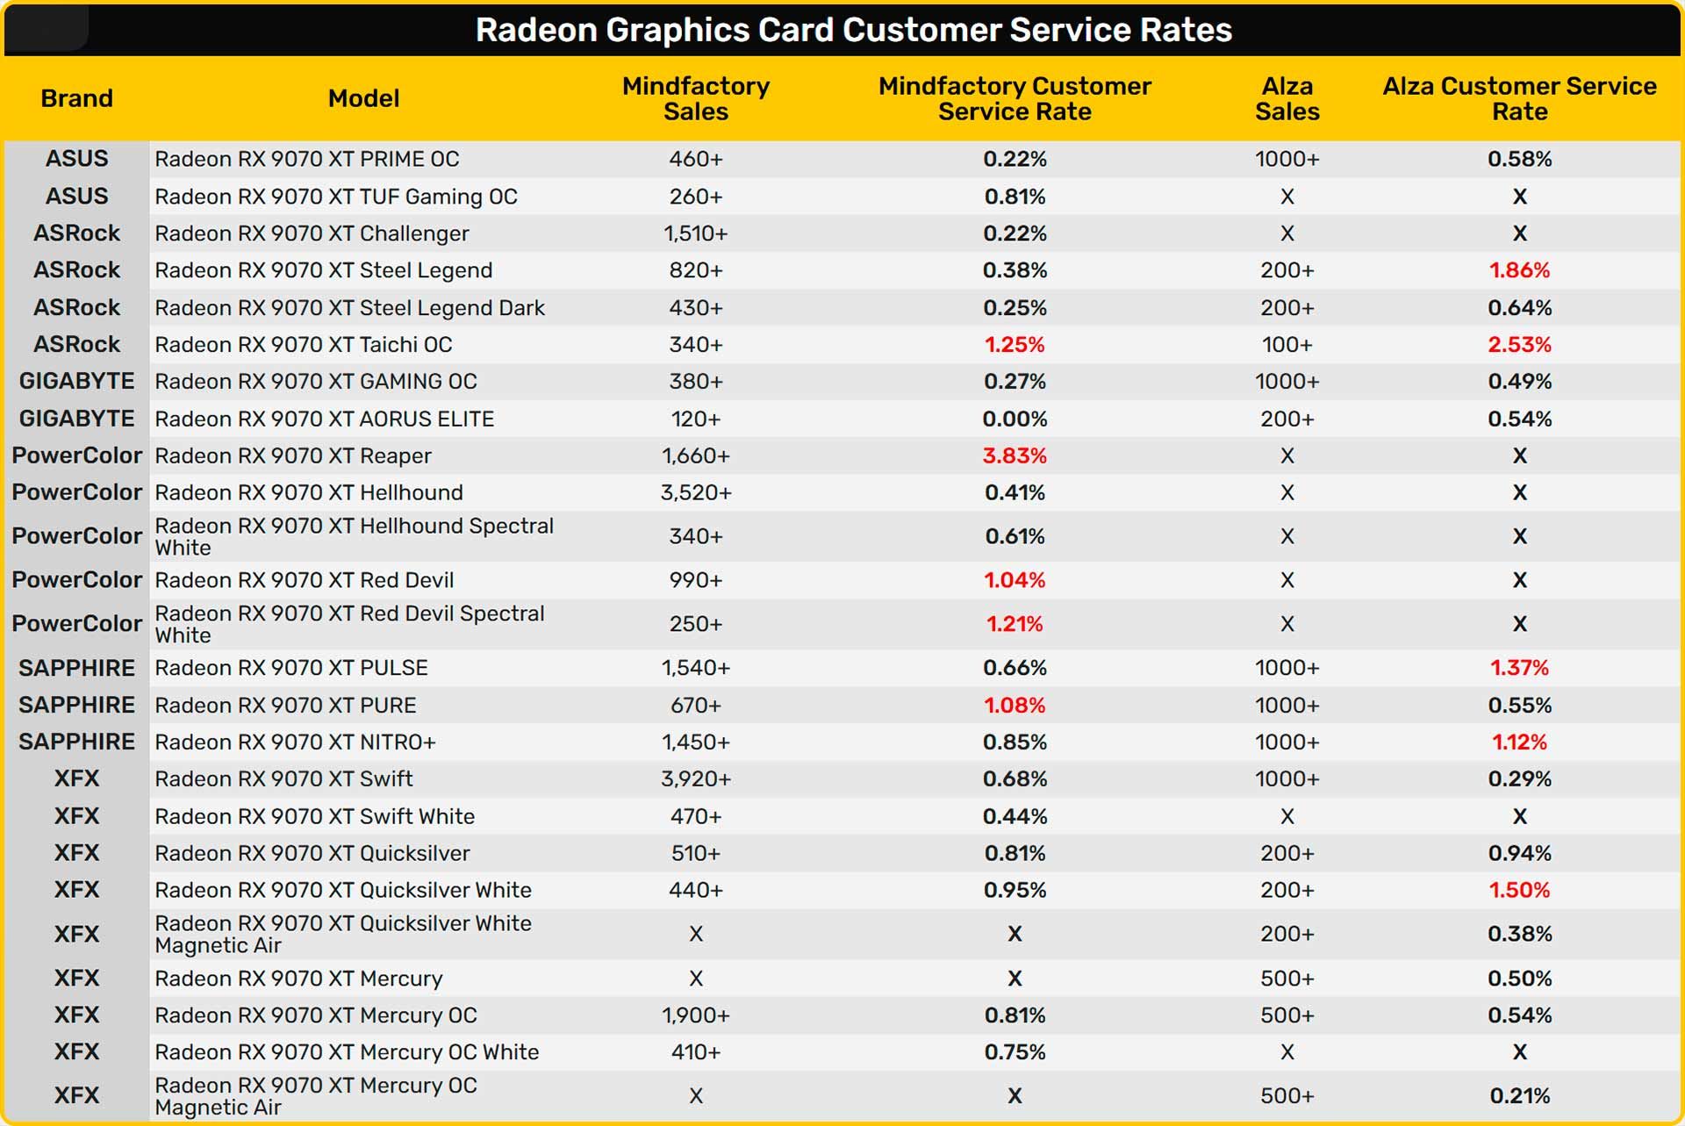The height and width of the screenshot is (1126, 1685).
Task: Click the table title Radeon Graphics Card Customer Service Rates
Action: click(x=853, y=30)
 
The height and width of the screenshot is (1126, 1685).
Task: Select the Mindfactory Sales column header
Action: click(x=695, y=98)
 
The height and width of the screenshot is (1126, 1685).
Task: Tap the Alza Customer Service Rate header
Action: click(x=1519, y=98)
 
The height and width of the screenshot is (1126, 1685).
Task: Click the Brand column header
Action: click(x=76, y=98)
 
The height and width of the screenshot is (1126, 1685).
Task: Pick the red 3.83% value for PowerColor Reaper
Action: click(x=1015, y=455)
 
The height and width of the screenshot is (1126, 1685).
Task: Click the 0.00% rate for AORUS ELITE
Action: click(x=1015, y=419)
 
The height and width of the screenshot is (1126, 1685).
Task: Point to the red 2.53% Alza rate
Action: click(x=1519, y=344)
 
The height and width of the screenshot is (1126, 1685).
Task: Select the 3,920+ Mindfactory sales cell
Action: click(x=695, y=778)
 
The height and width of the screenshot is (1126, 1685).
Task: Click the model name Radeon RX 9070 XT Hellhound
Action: click(x=309, y=492)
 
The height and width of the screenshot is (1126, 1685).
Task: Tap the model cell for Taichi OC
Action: click(x=304, y=344)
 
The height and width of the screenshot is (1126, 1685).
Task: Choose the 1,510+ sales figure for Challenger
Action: click(x=695, y=233)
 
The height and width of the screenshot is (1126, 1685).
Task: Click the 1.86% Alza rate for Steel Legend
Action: click(x=1519, y=270)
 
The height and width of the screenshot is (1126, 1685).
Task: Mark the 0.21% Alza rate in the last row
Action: click(x=1519, y=1095)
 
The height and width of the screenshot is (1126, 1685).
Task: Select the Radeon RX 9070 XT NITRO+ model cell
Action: click(x=295, y=742)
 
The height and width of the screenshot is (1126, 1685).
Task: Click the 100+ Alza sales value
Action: click(x=1287, y=344)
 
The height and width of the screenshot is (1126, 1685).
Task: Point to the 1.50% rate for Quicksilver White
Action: click(x=1519, y=890)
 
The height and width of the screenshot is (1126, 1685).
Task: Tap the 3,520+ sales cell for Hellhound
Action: click(x=695, y=492)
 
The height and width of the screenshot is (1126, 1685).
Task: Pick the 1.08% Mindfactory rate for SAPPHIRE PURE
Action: click(x=1015, y=705)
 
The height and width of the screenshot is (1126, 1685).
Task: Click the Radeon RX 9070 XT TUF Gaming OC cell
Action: click(x=336, y=197)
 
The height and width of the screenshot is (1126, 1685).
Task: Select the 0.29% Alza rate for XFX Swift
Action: click(x=1519, y=778)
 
